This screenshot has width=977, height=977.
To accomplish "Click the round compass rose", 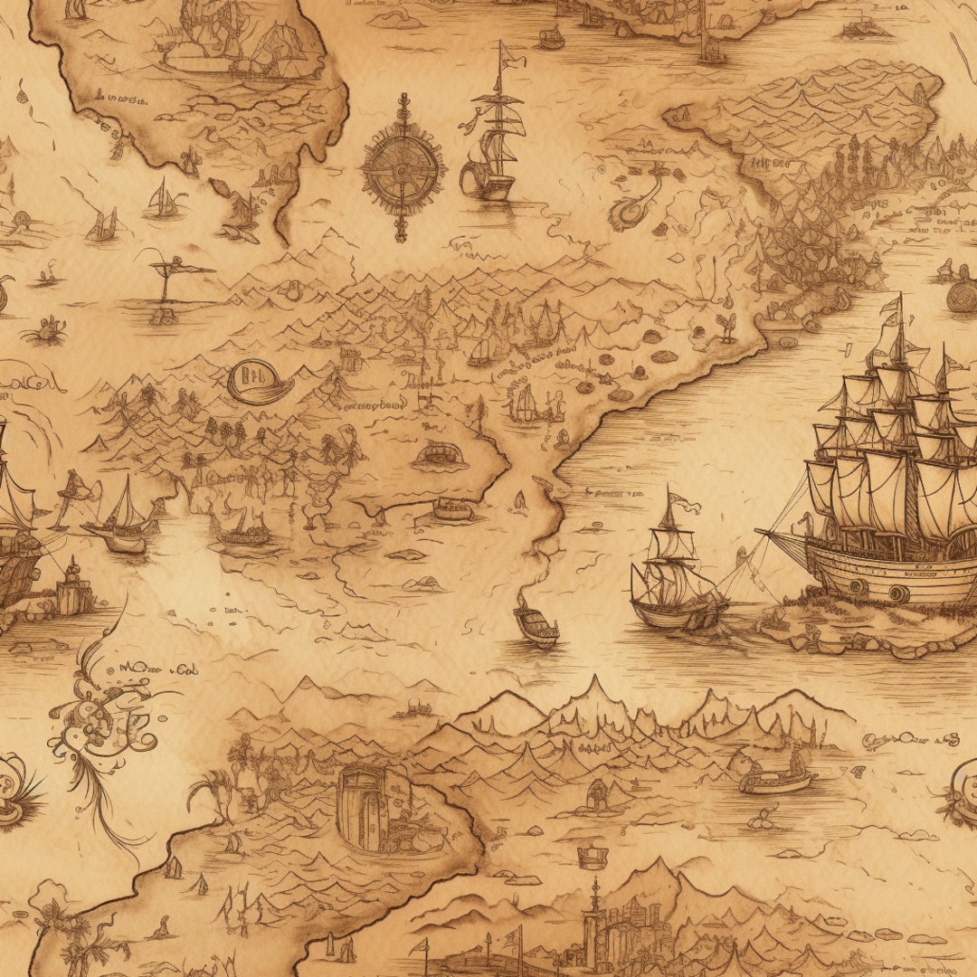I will (403, 166).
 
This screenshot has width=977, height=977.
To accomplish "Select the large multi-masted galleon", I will (891, 488).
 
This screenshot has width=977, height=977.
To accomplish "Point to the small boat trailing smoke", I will (536, 622).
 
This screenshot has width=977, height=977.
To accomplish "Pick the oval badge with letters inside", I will (260, 381).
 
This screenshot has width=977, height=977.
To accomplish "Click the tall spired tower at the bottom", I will (594, 923).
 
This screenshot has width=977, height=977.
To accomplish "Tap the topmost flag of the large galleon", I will (893, 305).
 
